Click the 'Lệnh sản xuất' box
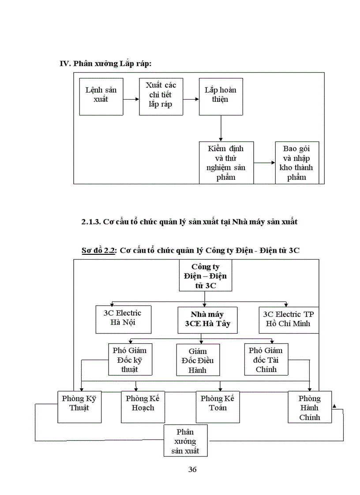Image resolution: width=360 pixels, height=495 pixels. click(x=101, y=97)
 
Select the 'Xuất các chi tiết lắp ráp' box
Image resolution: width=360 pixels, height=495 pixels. click(x=161, y=97)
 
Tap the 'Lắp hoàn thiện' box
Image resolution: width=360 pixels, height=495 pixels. click(x=221, y=97)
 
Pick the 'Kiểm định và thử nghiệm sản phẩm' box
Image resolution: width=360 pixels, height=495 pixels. click(x=226, y=163)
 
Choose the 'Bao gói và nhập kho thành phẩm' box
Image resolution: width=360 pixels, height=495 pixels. click(x=297, y=163)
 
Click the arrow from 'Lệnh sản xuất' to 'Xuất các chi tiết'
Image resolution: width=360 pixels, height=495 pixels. click(x=131, y=99)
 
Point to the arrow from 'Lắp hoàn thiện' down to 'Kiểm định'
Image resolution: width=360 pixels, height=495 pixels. click(x=221, y=128)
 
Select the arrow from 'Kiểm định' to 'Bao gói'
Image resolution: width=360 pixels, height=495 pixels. click(x=264, y=163)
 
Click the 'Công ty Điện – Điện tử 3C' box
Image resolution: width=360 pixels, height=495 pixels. click(x=205, y=275)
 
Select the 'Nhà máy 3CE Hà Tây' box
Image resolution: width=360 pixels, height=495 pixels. click(x=207, y=320)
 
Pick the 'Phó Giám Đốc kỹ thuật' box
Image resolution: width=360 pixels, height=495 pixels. click(x=129, y=360)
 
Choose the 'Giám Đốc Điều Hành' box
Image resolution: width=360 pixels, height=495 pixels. click(x=198, y=360)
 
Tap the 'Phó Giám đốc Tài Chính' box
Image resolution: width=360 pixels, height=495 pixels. click(x=266, y=360)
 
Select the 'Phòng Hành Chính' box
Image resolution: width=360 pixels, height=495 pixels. click(x=309, y=407)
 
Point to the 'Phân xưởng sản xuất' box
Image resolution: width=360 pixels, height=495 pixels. click(x=185, y=441)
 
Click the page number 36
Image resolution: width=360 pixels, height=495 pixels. click(x=192, y=469)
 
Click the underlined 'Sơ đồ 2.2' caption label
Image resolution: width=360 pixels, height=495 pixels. click(x=98, y=250)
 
